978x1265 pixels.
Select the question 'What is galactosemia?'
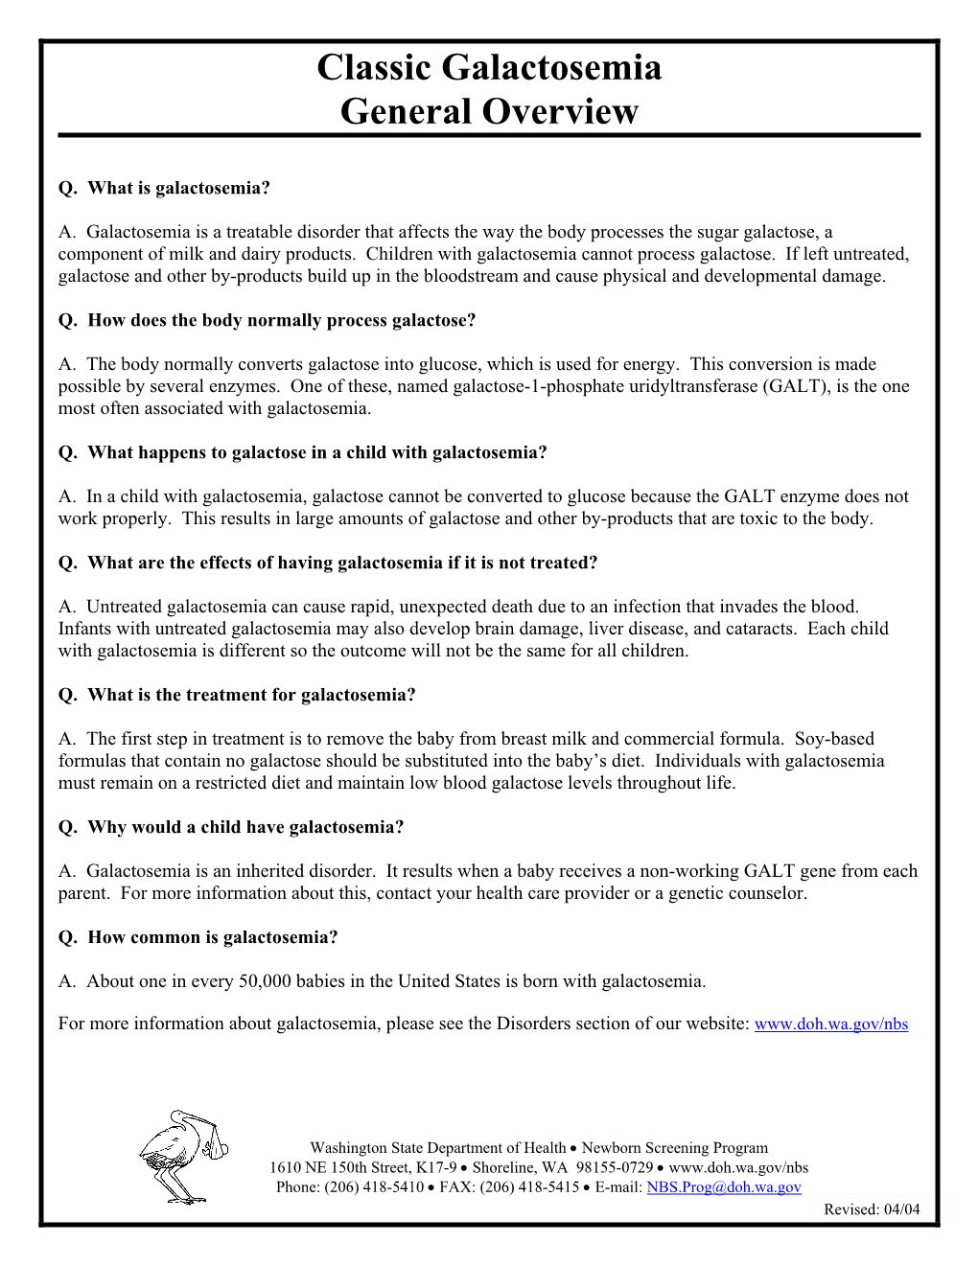164,188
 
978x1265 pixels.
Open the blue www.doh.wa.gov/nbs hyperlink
830,1024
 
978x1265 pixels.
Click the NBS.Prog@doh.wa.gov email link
723,1187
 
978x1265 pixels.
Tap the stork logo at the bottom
177,1157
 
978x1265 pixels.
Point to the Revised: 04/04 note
872,1209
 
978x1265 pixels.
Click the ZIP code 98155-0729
614,1168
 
